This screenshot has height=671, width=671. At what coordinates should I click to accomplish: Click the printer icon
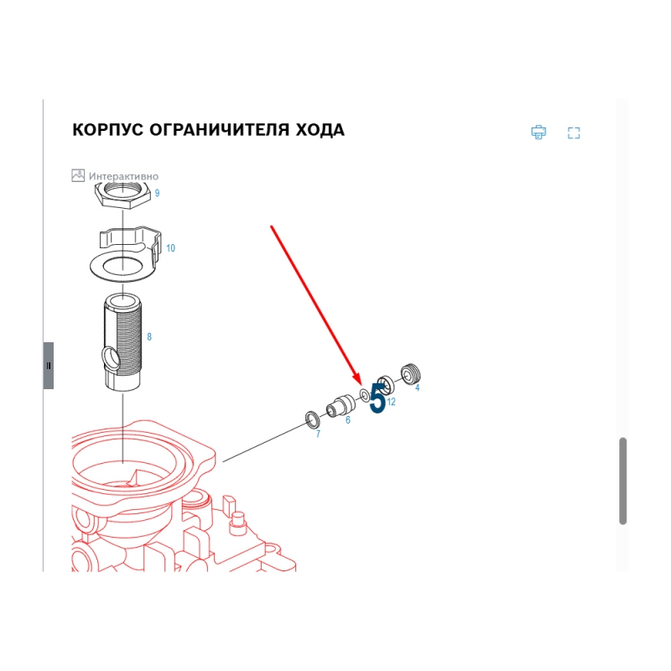click(538, 133)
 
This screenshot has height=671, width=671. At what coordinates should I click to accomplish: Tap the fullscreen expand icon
click(574, 133)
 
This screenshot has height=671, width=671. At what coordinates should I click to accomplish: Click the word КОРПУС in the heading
click(107, 130)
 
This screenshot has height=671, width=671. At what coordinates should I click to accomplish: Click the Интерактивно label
click(123, 176)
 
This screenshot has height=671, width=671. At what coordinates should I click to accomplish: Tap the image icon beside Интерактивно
click(78, 175)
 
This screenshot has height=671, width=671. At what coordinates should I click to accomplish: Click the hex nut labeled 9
click(122, 195)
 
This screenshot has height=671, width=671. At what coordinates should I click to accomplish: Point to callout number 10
click(171, 248)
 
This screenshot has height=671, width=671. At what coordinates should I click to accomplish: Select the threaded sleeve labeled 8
click(122, 341)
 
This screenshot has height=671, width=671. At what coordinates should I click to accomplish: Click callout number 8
click(149, 337)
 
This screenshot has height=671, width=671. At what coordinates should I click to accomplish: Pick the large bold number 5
click(377, 398)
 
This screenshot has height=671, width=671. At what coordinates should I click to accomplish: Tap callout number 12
click(391, 402)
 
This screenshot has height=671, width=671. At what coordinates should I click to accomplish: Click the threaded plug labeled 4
click(411, 373)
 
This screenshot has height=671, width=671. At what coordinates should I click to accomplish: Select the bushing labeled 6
click(341, 405)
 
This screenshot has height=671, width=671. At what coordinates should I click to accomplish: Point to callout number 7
click(318, 434)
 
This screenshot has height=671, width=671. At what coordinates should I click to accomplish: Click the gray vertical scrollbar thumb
click(623, 481)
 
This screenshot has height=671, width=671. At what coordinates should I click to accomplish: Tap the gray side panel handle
click(49, 366)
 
